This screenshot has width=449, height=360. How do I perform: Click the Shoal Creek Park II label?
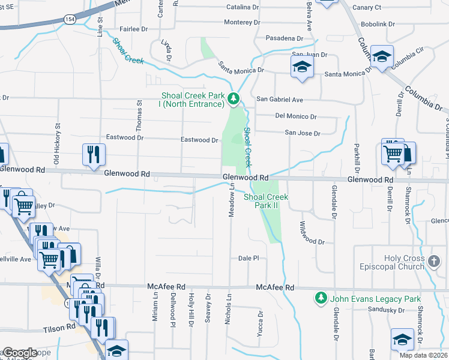[267, 200]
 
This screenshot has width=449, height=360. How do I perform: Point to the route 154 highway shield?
[70, 19]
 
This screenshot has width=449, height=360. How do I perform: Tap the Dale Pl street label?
[248, 258]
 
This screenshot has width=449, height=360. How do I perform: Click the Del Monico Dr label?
[295, 116]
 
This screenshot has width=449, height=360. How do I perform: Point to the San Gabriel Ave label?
[280, 100]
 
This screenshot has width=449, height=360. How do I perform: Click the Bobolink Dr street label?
[378, 25]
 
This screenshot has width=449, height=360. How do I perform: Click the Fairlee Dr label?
[133, 29]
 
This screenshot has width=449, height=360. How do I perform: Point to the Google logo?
[19, 353]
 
